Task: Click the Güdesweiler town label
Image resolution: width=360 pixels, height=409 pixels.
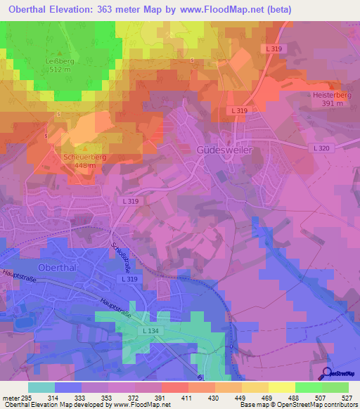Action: [x=224, y=150]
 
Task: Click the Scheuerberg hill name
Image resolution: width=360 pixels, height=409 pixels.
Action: [x=84, y=157]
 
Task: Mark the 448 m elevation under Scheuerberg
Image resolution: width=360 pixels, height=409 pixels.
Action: [x=84, y=165]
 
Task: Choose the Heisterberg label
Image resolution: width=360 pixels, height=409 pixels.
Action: [x=333, y=94]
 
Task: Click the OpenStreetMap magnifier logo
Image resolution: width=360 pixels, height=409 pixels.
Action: [x=327, y=373]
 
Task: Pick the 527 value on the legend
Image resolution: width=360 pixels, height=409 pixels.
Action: [x=349, y=398]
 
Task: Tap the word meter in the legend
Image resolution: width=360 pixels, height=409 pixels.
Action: [x=11, y=398]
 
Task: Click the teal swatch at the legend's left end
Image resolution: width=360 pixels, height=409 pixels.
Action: [x=41, y=387]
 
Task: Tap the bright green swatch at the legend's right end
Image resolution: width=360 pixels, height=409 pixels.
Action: [x=335, y=387]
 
